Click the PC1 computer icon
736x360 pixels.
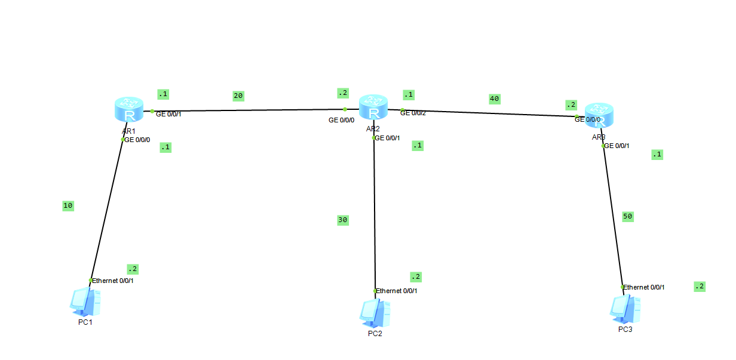[x=84, y=302]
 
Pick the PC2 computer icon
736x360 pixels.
[x=375, y=312]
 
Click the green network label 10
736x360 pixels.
[x=68, y=206]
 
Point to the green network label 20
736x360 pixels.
[x=238, y=96]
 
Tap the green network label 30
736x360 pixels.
[x=342, y=220]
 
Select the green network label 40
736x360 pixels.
[x=494, y=99]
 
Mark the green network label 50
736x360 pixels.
[x=627, y=217]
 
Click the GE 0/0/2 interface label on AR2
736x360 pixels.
[x=413, y=113]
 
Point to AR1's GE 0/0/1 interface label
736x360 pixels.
[x=168, y=114]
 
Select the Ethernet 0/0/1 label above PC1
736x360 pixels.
[x=113, y=280]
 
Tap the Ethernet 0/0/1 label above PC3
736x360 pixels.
[x=644, y=287]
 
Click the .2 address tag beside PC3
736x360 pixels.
[x=700, y=287]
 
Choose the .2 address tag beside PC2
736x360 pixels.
[x=416, y=277]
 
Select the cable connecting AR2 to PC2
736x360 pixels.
[x=374, y=215]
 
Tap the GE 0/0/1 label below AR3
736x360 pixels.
[x=618, y=146]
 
